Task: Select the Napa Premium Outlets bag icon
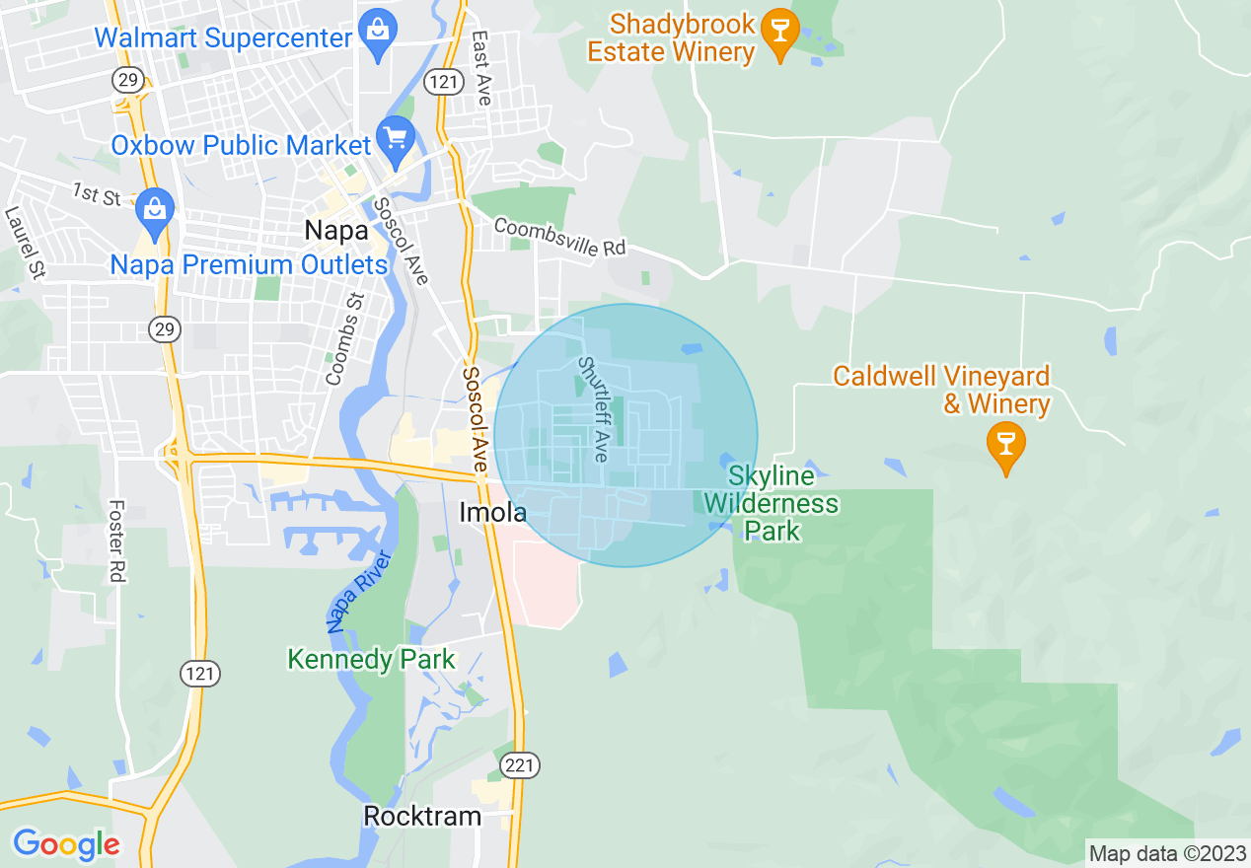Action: [155, 208]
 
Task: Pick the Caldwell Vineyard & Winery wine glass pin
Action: [1005, 444]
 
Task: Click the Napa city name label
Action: [336, 231]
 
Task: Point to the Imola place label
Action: [493, 512]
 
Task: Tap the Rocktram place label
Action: [422, 816]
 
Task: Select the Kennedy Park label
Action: [371, 659]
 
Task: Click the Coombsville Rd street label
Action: [560, 237]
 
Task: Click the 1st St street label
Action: [97, 194]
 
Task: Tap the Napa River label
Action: [359, 592]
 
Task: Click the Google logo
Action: [66, 844]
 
